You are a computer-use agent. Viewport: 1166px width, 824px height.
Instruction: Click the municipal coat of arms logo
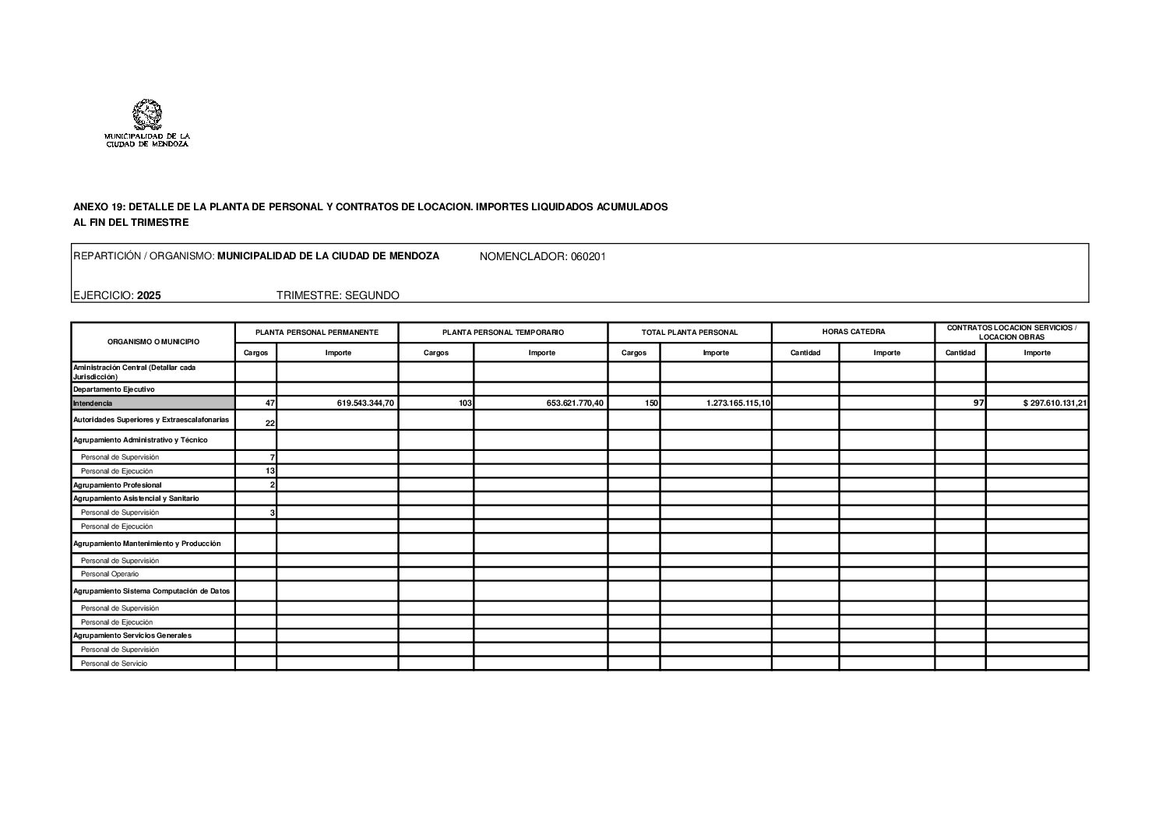(x=146, y=115)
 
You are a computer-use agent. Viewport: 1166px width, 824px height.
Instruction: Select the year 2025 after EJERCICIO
(x=149, y=295)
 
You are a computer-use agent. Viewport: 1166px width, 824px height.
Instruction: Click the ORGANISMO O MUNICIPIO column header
(x=153, y=341)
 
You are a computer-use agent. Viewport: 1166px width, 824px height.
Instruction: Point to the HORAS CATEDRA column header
(x=853, y=332)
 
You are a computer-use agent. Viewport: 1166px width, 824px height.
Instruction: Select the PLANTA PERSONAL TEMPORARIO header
(x=502, y=332)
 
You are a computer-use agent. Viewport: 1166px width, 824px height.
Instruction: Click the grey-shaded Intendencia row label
(x=93, y=403)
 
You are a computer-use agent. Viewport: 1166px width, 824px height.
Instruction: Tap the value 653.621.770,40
(x=576, y=403)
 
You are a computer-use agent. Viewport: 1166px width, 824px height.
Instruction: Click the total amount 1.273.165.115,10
(x=738, y=403)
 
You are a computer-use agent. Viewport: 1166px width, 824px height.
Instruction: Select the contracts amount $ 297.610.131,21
(x=1055, y=403)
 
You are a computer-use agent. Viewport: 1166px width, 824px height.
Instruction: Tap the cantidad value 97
(x=978, y=403)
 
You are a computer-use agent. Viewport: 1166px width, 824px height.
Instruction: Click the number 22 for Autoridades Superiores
(x=270, y=423)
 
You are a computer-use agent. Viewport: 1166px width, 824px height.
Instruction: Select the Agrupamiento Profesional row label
(x=118, y=485)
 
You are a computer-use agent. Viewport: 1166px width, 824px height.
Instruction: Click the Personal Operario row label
(x=110, y=574)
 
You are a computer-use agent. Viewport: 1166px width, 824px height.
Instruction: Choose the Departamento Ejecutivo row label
(x=114, y=389)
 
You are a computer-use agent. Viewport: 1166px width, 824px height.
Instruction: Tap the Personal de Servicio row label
(x=114, y=664)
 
